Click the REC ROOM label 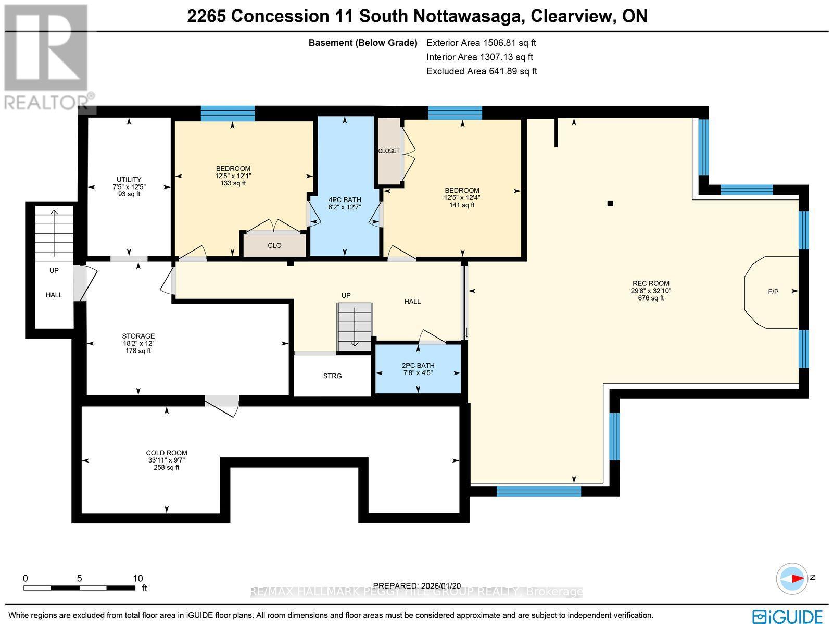coord(650,283)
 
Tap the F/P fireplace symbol coord(773,292)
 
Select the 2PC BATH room coord(418,369)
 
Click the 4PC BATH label coord(345,199)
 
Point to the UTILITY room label coord(129,179)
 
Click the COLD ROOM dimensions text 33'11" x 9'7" coord(167,460)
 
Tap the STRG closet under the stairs coord(333,376)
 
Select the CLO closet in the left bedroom coord(274,245)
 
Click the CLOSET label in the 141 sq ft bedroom coord(389,151)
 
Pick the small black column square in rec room coord(611,203)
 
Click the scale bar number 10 coord(137,578)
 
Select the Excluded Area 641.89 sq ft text coord(482,71)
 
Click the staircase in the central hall coord(355,327)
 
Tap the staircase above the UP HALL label coord(54,232)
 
